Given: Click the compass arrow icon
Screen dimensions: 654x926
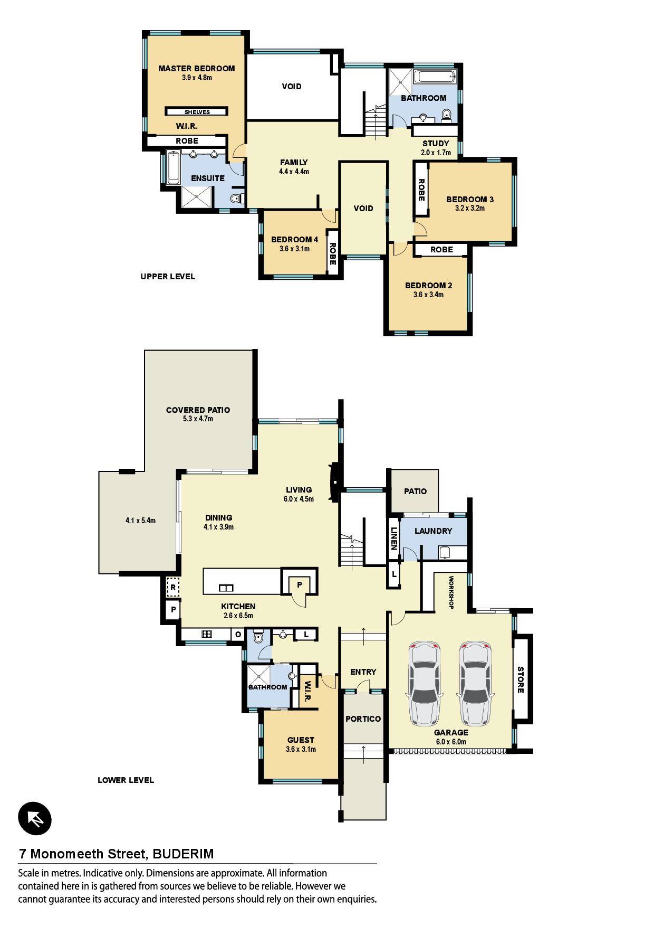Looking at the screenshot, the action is tap(35, 819).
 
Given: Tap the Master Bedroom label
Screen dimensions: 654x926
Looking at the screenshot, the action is tap(197, 69).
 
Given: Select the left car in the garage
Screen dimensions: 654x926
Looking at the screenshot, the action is tap(424, 684).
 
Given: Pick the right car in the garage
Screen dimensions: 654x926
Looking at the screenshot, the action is tap(475, 684).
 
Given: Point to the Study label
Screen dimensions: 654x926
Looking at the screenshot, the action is tap(436, 144).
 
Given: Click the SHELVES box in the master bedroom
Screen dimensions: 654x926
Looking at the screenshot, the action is tap(197, 112).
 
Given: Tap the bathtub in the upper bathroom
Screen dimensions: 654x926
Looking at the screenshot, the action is tap(435, 78).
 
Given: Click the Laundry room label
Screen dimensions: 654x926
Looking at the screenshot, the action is tap(433, 531).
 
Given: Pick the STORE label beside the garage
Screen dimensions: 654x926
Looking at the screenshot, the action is tap(520, 680).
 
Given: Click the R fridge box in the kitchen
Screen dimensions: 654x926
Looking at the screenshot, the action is tap(172, 587).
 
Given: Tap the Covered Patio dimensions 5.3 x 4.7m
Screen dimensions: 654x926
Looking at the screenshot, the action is tap(198, 419).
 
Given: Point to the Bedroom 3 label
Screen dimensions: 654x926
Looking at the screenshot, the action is tap(470, 200).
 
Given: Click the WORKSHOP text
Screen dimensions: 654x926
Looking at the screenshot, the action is tap(451, 593).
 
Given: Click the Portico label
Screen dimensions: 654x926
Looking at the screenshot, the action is tap(363, 719).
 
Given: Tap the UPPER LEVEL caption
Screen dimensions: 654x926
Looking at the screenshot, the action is tap(168, 277).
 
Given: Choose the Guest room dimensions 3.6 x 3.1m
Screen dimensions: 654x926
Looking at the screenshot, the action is tap(301, 749).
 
